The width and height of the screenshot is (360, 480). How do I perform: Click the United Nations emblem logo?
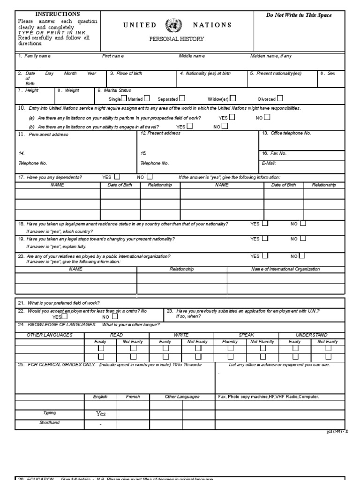171,25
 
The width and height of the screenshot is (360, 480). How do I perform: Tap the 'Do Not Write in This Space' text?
299,15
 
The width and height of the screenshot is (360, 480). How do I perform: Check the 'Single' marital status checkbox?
124,98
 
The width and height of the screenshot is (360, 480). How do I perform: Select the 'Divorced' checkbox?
280,98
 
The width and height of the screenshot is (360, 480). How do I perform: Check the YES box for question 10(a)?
232,117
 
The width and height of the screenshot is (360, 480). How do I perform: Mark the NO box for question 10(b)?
225,126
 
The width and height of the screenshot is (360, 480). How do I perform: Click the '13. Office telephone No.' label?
286,134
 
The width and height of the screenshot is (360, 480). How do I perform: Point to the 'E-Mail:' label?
269,163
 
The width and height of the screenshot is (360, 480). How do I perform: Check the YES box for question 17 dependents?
117,177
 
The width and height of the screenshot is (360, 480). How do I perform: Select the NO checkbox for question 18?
303,224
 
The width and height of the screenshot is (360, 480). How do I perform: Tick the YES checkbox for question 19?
265,238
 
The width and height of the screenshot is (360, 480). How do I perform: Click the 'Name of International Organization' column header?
285,269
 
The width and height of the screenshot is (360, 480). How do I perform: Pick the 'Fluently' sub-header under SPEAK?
230,342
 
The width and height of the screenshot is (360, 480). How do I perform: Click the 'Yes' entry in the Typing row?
101,414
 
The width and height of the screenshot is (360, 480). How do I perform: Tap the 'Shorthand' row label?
50,423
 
